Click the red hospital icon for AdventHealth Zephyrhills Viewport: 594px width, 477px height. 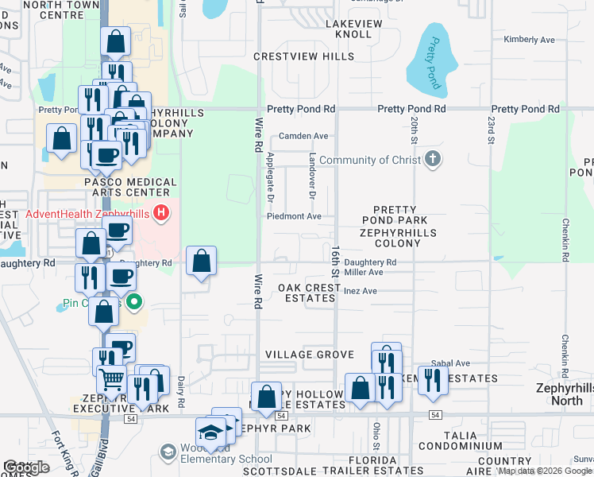pos(161,213)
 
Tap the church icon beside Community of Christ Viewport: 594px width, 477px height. pos(432,160)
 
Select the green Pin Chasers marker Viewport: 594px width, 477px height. pos(134,302)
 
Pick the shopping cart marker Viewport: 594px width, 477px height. pos(112,382)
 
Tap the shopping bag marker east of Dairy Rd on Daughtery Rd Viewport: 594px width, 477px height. pos(202,261)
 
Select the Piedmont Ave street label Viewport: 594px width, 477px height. pos(294,216)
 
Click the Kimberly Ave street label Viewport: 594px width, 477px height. pos(530,40)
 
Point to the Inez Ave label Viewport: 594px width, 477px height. pos(360,291)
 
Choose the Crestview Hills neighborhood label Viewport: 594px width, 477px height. pos(304,57)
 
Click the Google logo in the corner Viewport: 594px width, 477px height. pos(26,467)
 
